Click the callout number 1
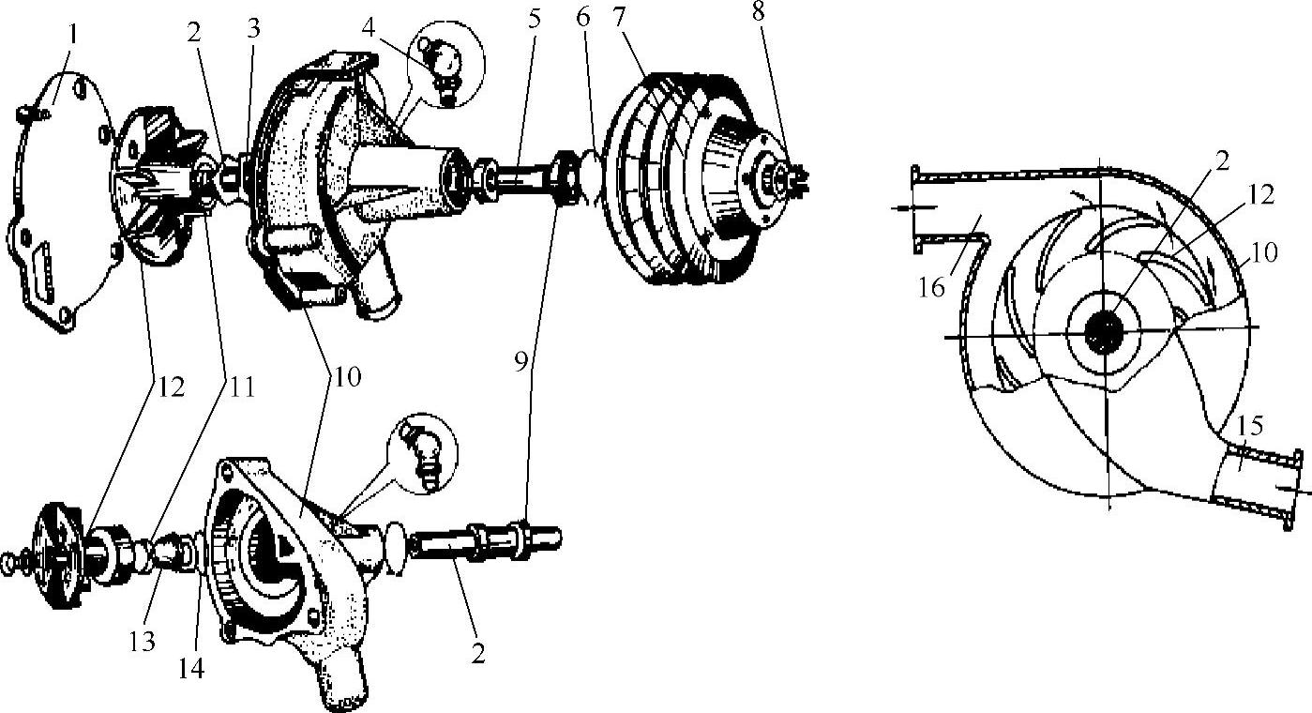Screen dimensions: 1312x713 pyautogui.click(x=72, y=35)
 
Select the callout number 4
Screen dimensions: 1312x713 pyautogui.click(x=369, y=26)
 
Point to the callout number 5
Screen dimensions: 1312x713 pyautogui.click(x=534, y=19)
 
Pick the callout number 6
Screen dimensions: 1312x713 pyautogui.click(x=582, y=18)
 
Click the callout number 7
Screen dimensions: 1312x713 pyautogui.click(x=620, y=18)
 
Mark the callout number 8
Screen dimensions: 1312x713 pyautogui.click(x=759, y=11)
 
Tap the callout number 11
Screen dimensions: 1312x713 pyautogui.click(x=242, y=387)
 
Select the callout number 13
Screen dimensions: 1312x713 pyautogui.click(x=143, y=642)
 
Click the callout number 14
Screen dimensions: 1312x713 pyautogui.click(x=191, y=668)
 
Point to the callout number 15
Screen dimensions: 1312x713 pyautogui.click(x=1249, y=426)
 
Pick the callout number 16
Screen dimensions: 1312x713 pyautogui.click(x=931, y=288)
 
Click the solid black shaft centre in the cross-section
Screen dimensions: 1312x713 pyautogui.click(x=1104, y=332)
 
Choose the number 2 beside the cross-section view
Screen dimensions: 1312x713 pyautogui.click(x=1222, y=160)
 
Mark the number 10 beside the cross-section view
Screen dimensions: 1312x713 pyautogui.click(x=1264, y=252)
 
